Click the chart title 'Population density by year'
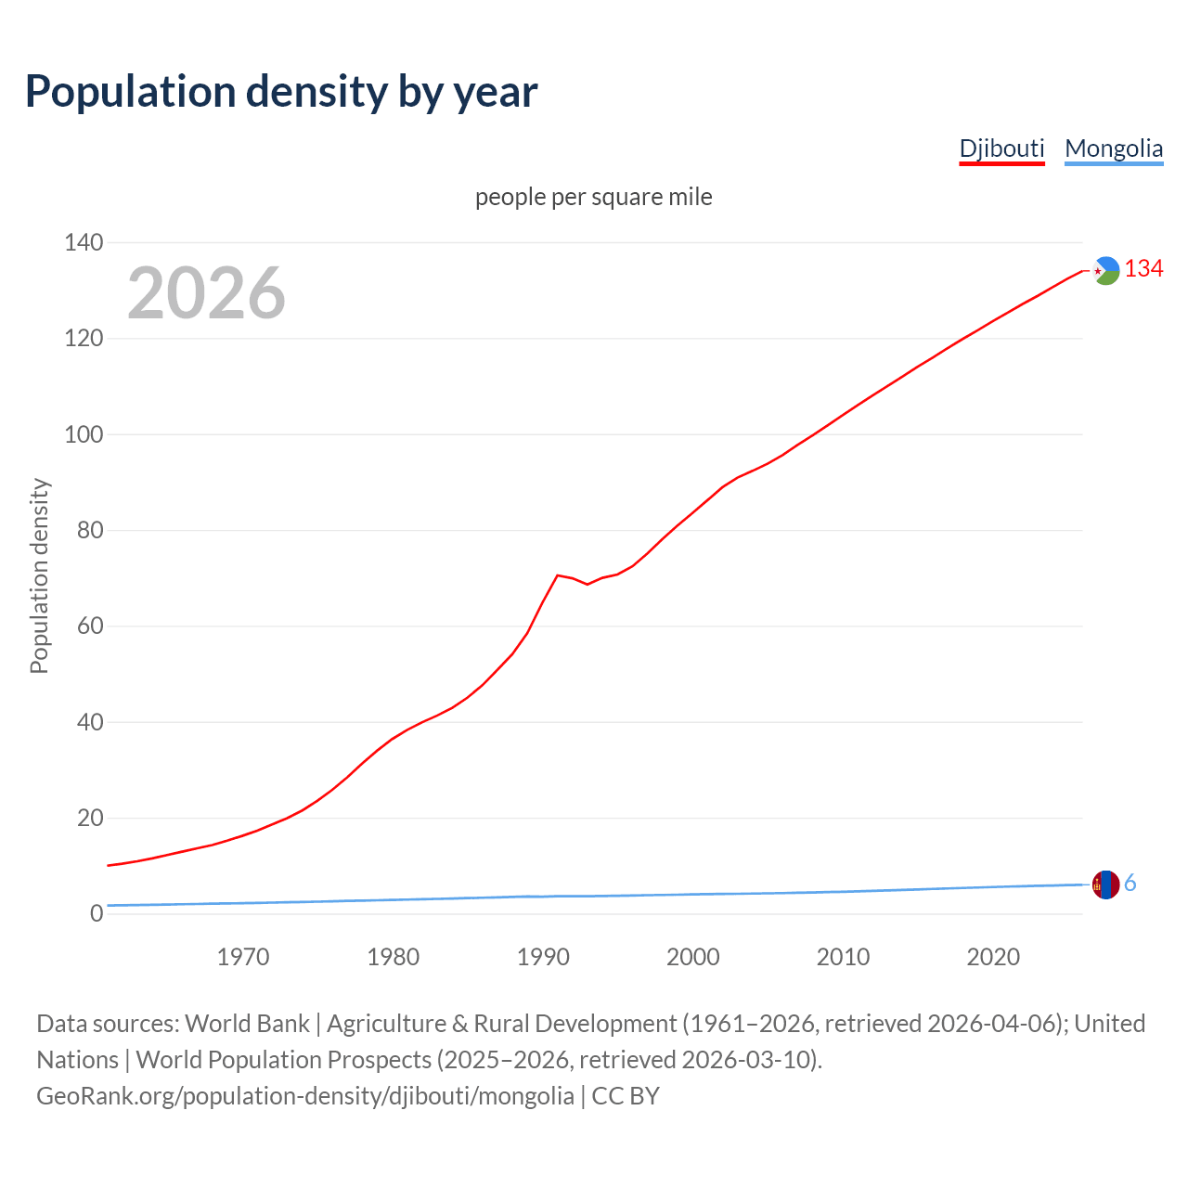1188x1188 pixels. [x=281, y=91]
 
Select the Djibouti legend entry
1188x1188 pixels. [x=1001, y=148]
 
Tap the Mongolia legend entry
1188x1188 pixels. [x=1113, y=148]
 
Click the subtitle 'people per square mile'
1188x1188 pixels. [x=593, y=197]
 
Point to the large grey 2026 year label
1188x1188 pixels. [x=206, y=293]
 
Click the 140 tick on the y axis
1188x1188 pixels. [x=84, y=243]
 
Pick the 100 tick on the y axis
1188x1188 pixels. [x=84, y=434]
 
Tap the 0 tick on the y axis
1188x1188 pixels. [x=97, y=914]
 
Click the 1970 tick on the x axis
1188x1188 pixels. [x=243, y=957]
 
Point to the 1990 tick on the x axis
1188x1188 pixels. [x=543, y=957]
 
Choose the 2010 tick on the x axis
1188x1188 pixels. [x=843, y=957]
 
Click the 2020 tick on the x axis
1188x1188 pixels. [x=993, y=957]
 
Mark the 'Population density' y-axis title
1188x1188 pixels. [x=39, y=575]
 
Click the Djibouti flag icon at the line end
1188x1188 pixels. [x=1105, y=270]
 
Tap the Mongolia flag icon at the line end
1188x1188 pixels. [x=1105, y=885]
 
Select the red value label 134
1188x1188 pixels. [x=1143, y=269]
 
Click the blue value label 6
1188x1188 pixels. [x=1130, y=884]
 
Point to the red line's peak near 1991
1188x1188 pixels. [x=558, y=575]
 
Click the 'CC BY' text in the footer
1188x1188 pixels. [x=626, y=1096]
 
